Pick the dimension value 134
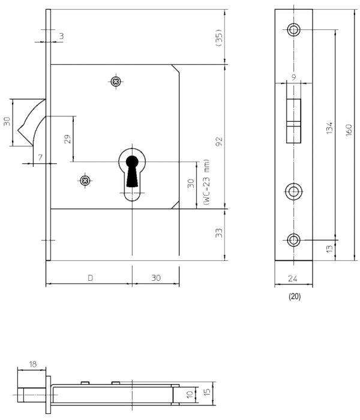329,129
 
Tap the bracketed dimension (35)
219,38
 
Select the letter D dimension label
90,278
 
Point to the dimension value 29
68,139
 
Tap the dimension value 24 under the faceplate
293,278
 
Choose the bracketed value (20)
294,296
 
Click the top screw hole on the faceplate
293,29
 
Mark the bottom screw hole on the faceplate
293,241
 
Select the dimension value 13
329,248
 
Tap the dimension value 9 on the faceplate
293,76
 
